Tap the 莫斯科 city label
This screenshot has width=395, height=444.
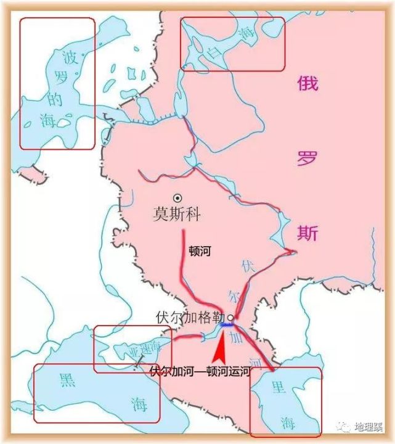[x=177, y=214]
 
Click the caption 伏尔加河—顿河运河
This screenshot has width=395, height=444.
[x=201, y=372]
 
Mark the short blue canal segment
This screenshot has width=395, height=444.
[x=227, y=325]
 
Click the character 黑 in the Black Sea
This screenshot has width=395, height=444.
[x=66, y=380]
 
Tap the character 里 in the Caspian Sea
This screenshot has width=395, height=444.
[x=279, y=387]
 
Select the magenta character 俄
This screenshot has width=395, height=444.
[x=307, y=83]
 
